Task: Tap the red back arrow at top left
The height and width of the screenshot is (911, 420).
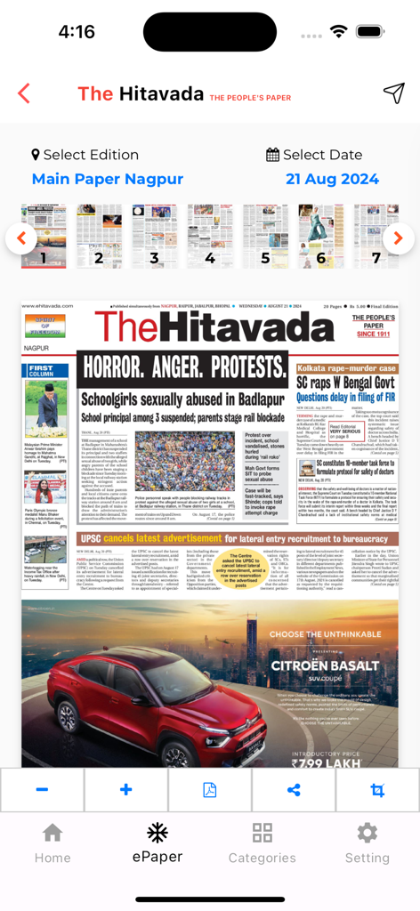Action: point(24,93)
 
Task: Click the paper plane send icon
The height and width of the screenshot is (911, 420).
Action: point(393,93)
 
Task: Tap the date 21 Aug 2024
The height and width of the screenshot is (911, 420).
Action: point(332,179)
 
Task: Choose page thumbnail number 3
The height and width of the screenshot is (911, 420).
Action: point(154,236)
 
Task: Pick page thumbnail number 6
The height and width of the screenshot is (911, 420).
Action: point(320,236)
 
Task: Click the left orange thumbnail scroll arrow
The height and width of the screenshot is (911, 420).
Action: point(21,238)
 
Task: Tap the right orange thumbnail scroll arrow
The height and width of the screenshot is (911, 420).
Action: point(399,238)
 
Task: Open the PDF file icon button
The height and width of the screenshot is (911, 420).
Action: point(210,790)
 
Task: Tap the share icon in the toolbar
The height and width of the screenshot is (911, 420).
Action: point(294,790)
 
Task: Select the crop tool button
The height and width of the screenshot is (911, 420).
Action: point(377,790)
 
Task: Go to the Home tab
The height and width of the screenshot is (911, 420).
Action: point(52,842)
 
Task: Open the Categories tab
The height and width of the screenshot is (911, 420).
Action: point(262,842)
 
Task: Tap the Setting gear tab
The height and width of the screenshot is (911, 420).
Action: point(367,842)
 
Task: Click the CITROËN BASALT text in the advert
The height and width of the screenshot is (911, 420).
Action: point(325,665)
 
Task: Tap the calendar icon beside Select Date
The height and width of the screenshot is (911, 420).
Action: point(272,155)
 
